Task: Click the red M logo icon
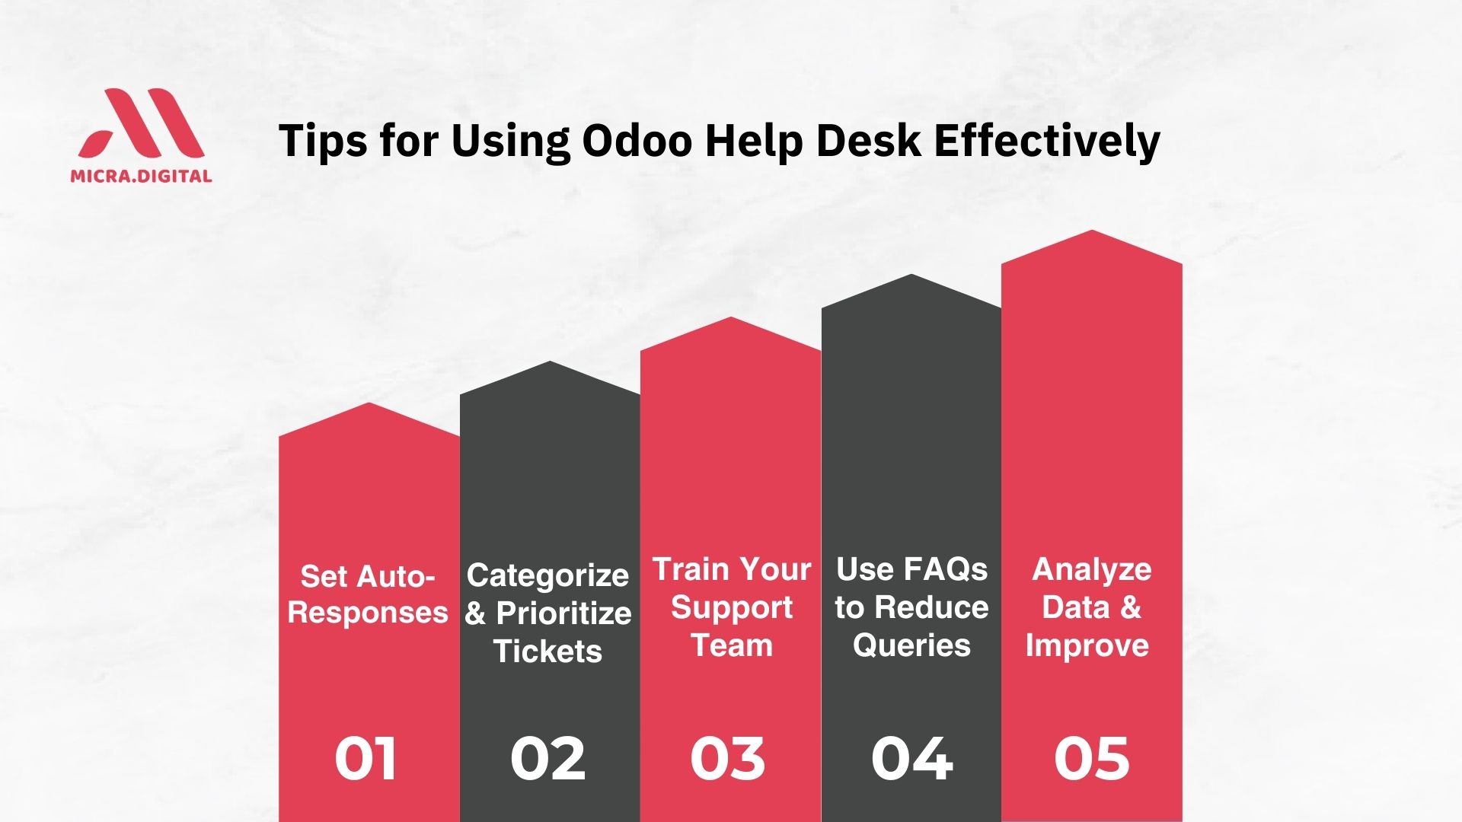(x=142, y=123)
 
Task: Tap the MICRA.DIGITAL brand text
(x=141, y=176)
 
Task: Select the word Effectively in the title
(x=1047, y=142)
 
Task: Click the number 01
(x=365, y=759)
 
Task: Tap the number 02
(x=548, y=759)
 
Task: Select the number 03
(x=728, y=759)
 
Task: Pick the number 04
(x=911, y=759)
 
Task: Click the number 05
(x=1092, y=759)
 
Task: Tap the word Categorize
(x=547, y=577)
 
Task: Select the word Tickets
(x=547, y=652)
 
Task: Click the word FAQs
(x=944, y=569)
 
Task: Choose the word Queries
(x=911, y=646)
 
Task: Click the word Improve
(x=1087, y=646)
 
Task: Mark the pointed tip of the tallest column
(x=1092, y=230)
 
